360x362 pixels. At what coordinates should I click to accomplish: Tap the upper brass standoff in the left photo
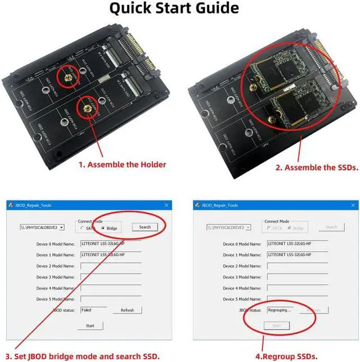[67, 75]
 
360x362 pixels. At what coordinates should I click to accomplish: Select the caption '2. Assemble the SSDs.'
[317, 167]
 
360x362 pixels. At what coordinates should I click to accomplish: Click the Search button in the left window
[145, 227]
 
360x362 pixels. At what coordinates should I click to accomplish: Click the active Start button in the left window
[90, 325]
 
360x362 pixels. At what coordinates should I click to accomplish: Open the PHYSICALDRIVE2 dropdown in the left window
[61, 227]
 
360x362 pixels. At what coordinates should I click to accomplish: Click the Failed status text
[87, 310]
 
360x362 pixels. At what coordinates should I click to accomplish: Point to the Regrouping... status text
[280, 310]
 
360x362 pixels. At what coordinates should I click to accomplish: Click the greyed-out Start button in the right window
[276, 325]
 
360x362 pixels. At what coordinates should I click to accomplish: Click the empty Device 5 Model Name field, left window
[120, 299]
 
